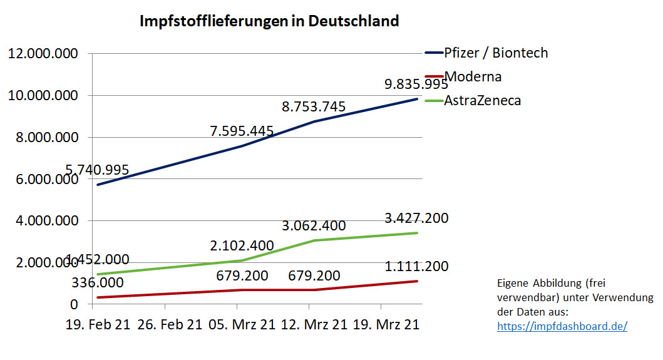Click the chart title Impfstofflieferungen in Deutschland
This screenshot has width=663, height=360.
(x=269, y=21)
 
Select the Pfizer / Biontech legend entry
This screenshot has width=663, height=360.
(x=495, y=53)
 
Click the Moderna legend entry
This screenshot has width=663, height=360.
(x=473, y=76)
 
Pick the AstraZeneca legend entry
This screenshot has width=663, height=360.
(x=482, y=100)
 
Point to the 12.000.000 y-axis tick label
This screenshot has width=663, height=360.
(x=43, y=54)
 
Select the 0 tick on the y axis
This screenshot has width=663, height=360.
(x=74, y=304)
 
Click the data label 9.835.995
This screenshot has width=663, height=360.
(x=416, y=84)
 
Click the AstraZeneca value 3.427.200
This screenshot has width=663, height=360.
(x=416, y=219)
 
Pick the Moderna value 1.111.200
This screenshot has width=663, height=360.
(x=416, y=267)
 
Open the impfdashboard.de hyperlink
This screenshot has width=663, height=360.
(x=562, y=326)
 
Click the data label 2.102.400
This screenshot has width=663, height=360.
(x=242, y=246)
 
